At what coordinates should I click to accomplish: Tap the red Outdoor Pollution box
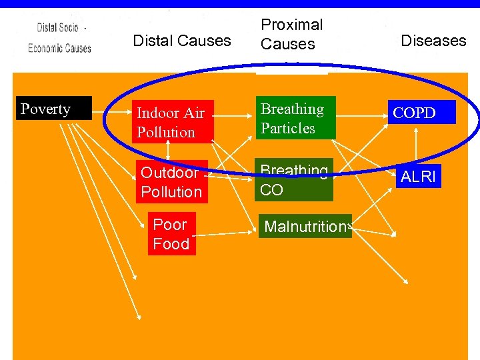pos(171,182)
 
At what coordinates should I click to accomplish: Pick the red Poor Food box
pos(171,234)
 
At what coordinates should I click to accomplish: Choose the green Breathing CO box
pos(294,181)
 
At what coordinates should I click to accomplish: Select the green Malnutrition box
pos(305,227)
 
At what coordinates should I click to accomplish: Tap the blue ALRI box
pos(418,177)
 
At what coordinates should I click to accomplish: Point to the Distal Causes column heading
pos(182,41)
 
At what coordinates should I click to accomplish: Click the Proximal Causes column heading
pos(292,35)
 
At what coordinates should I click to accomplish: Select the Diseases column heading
pos(433,41)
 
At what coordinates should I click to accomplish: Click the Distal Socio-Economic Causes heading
pos(59,38)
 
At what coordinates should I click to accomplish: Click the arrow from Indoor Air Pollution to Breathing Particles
pos(235,114)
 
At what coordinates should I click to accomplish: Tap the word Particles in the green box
pos(288,128)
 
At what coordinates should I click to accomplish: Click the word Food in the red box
pos(171,244)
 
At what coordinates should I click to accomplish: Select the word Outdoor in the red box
pos(169,173)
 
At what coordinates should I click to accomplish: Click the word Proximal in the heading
pos(292,25)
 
